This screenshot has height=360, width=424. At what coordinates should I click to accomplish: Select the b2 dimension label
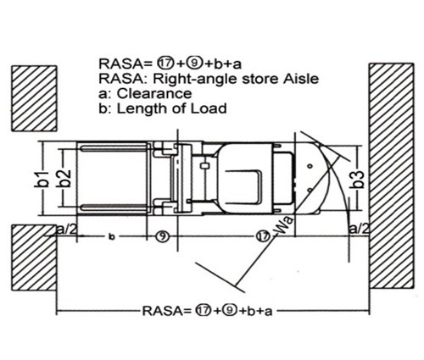coord(65,178)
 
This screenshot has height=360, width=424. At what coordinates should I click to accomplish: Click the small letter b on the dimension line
coord(112,237)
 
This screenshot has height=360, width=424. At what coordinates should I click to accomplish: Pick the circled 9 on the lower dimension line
coord(163,236)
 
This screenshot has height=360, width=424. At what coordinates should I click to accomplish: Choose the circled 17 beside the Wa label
coord(263,236)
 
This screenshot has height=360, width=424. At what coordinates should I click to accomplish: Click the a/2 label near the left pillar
coord(67,230)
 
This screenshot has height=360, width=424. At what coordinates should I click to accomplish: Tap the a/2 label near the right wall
coord(359,228)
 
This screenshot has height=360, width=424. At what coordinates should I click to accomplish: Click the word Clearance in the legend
coord(154,93)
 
